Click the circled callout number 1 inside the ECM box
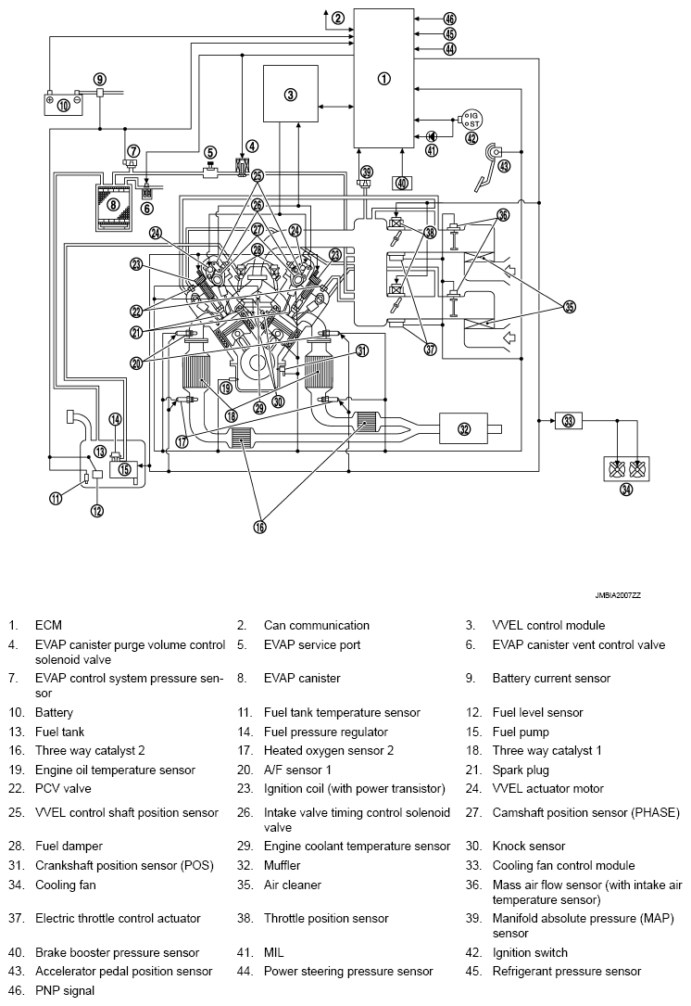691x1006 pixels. [384, 79]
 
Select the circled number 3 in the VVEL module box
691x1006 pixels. [290, 95]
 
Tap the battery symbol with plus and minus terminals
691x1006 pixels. [64, 104]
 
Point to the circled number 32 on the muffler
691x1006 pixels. [464, 427]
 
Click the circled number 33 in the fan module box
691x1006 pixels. [568, 420]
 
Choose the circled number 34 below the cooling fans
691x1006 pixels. [626, 490]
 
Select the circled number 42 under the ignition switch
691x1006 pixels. [471, 138]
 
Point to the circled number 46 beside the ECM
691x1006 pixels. [449, 19]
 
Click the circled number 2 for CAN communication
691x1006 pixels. [338, 18]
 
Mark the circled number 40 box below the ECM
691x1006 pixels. [401, 184]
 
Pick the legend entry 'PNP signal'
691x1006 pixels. [64, 990]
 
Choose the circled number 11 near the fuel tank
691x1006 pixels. [56, 498]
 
